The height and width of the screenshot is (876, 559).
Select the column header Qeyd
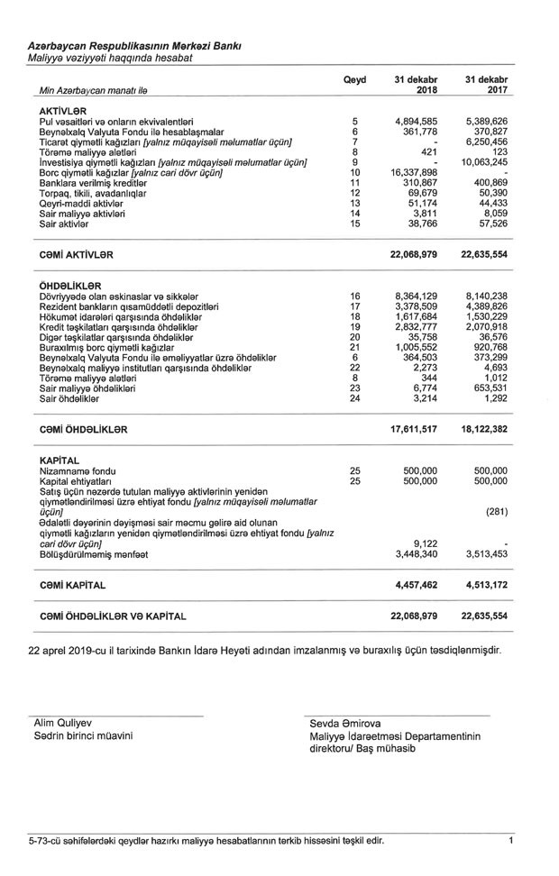[355, 79]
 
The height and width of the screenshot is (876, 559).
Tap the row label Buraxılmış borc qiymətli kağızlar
[114, 346]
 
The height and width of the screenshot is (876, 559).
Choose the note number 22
[355, 367]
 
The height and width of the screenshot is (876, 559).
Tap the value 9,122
[424, 543]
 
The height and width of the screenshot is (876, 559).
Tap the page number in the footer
[511, 841]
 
